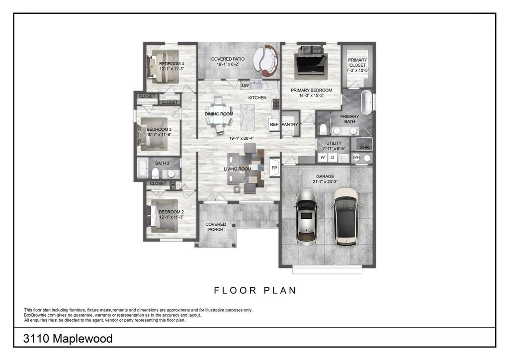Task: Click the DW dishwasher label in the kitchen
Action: [245, 86]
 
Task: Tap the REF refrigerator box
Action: [274, 125]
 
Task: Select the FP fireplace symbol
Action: [274, 168]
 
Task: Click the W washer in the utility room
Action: [323, 158]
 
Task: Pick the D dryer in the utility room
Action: [333, 158]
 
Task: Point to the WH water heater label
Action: [356, 158]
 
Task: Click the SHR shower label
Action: [364, 147]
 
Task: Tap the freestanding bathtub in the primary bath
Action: [367, 102]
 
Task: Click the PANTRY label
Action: [290, 125]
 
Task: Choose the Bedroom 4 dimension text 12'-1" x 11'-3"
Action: [171, 69]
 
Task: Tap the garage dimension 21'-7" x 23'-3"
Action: [325, 182]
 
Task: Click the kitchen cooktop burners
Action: [276, 104]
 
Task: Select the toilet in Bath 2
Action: [155, 174]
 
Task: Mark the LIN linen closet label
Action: [173, 185]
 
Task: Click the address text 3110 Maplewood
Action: [68, 339]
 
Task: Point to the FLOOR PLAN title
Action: [255, 290]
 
